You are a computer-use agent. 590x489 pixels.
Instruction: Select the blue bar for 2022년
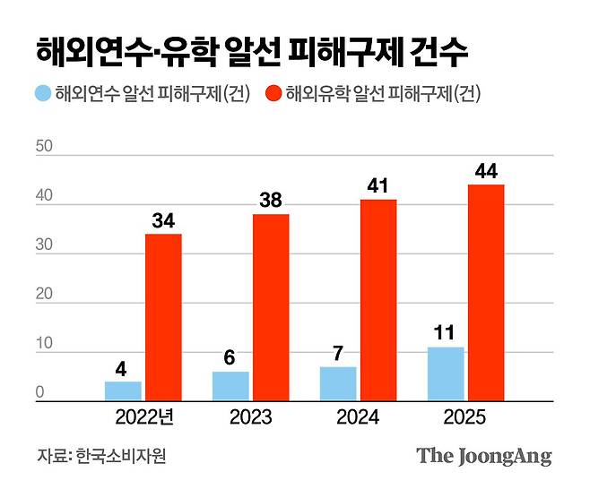click(123, 391)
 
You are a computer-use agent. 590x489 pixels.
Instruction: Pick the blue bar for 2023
click(230, 386)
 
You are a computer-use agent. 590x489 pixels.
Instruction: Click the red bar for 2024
click(378, 300)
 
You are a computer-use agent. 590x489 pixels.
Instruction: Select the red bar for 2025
click(486, 293)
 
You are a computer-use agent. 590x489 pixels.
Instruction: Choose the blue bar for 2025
click(446, 373)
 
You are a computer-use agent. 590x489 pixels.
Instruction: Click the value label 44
click(486, 170)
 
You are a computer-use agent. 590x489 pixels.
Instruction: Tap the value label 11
click(446, 332)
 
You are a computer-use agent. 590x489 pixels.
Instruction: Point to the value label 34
click(163, 219)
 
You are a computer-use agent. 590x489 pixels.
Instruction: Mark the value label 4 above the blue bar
click(123, 367)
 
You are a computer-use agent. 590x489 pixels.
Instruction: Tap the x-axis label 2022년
click(144, 418)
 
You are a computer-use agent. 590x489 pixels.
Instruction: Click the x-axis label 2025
click(466, 418)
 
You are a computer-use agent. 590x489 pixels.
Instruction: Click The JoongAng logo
click(483, 456)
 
